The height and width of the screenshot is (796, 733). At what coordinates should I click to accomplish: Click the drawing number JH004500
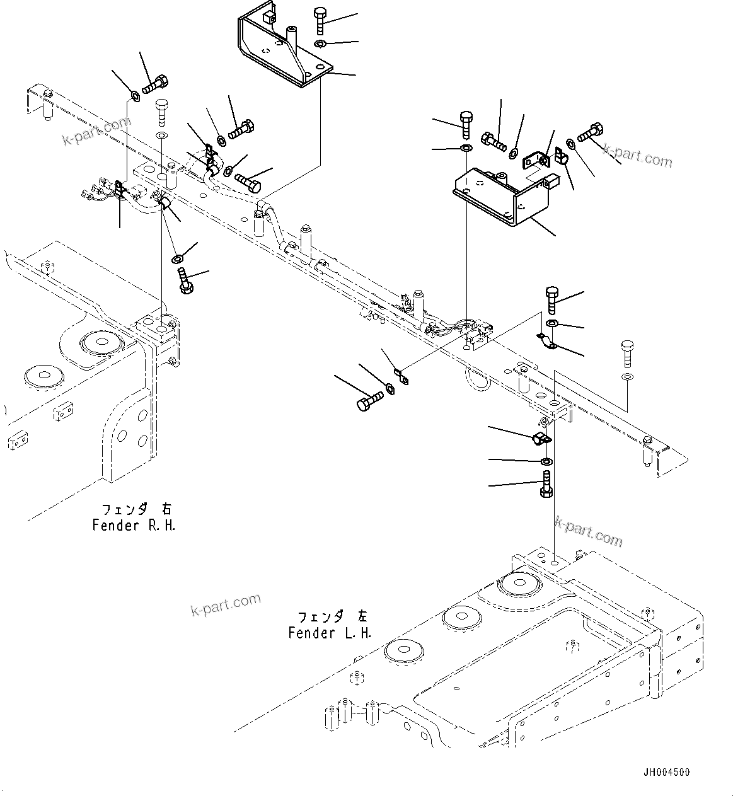[x=666, y=772]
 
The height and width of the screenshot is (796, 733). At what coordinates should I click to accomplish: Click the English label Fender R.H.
[x=133, y=525]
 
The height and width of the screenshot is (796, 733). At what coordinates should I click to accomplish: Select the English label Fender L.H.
[x=330, y=633]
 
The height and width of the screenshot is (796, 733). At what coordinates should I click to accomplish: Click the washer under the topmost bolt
[x=320, y=43]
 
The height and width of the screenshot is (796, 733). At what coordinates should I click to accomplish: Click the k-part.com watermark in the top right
[x=637, y=155]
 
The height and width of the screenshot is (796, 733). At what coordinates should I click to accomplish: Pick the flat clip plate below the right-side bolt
[x=546, y=341]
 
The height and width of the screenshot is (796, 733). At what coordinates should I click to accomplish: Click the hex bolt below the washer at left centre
[x=185, y=280]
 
